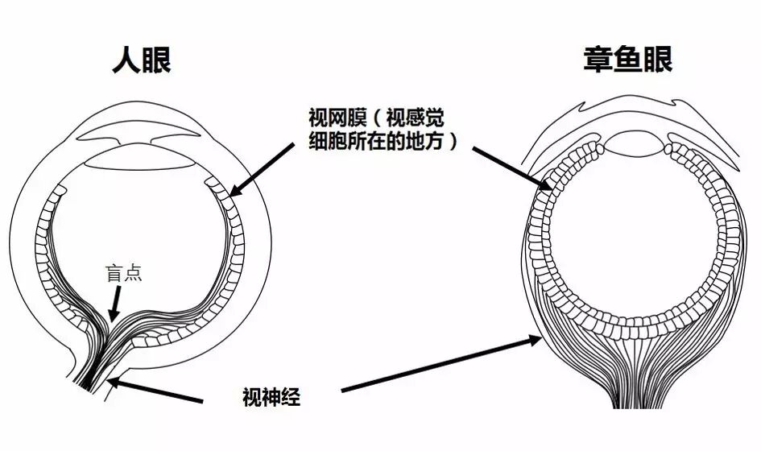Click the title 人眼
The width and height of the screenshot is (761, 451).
(x=142, y=60)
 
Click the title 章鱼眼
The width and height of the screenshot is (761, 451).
(x=628, y=60)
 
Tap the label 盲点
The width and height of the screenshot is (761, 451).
(x=124, y=273)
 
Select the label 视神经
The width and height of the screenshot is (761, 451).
(x=271, y=397)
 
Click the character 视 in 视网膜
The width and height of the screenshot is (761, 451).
(x=318, y=118)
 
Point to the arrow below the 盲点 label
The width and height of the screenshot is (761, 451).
(x=115, y=304)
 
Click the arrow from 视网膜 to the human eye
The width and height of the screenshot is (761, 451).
(x=262, y=170)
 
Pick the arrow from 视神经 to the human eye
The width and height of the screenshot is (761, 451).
(x=155, y=391)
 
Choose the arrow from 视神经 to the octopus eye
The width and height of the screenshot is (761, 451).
(x=441, y=364)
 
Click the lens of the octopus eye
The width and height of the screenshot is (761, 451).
(x=634, y=144)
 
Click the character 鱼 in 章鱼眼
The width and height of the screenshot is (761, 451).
(x=628, y=60)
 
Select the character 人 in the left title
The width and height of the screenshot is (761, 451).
(x=126, y=60)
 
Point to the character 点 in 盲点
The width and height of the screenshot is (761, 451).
(x=134, y=273)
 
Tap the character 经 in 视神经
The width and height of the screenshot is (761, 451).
(x=292, y=397)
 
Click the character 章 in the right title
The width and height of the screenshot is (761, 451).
(x=598, y=60)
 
